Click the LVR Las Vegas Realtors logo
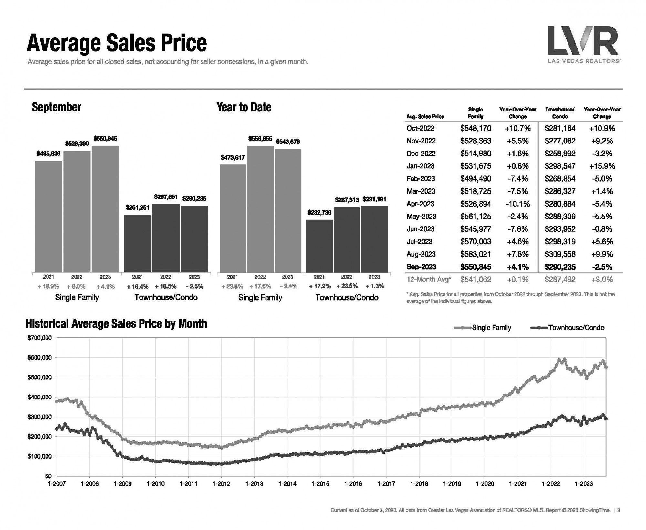[x=583, y=45]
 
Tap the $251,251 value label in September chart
[x=138, y=207]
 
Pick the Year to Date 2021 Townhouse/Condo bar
[x=319, y=246]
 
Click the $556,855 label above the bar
[x=260, y=139]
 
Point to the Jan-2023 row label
[x=420, y=166]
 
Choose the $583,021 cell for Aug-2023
[x=475, y=254]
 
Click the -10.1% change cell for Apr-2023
[x=517, y=204]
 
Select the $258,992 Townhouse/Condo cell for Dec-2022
[x=560, y=154]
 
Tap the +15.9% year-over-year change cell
[x=602, y=166]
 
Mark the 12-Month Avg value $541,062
[x=475, y=280]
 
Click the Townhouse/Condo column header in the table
[x=560, y=113]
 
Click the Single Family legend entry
[x=491, y=328]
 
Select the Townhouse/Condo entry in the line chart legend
[x=576, y=328]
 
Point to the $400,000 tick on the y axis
[x=40, y=397]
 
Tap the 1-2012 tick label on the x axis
[x=221, y=484]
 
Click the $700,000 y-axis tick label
[x=40, y=338]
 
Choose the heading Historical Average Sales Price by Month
[x=116, y=323]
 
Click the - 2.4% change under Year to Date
[x=287, y=286]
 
